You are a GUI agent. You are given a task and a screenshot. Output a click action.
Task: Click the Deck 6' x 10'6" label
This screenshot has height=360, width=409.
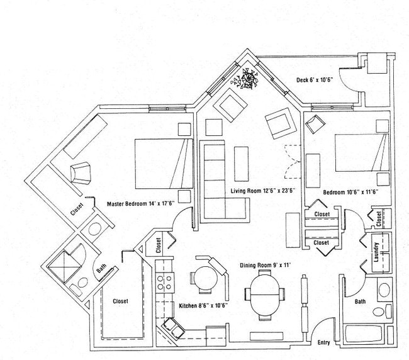tap(318, 80)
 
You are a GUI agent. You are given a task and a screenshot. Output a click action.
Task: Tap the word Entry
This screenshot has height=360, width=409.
tap(324, 343)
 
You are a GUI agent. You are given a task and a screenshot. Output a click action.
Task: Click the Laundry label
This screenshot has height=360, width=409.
tap(376, 252)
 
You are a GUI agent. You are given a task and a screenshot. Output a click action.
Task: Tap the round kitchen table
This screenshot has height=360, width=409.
tap(205, 279)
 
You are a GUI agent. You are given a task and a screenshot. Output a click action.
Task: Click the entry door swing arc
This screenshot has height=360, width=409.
tap(323, 330)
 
